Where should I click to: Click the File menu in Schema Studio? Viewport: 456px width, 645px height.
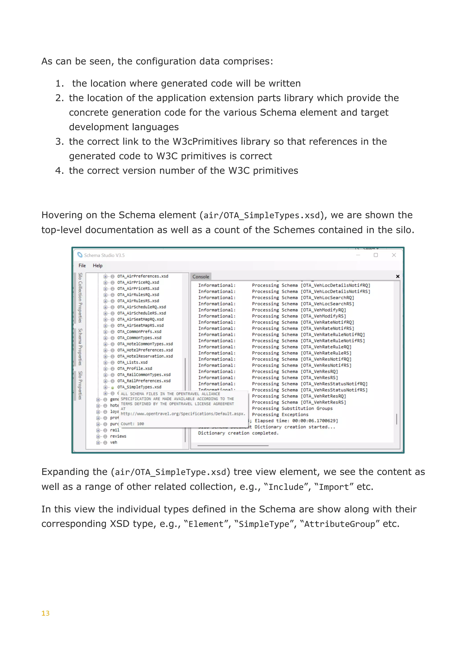pyautogui.click(x=82, y=265)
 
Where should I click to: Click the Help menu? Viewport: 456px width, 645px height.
pyautogui.click(x=98, y=265)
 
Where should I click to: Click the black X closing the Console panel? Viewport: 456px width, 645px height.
pyautogui.click(x=398, y=276)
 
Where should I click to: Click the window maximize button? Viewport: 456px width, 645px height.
pyautogui.click(x=376, y=255)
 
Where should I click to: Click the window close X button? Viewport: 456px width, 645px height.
pyautogui.click(x=394, y=255)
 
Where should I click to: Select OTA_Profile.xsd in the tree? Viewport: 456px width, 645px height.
pyautogui.click(x=134, y=369)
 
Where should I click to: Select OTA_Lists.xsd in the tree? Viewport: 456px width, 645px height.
pyautogui.click(x=132, y=362)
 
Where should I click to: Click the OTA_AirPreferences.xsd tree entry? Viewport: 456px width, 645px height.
pyautogui.click(x=143, y=276)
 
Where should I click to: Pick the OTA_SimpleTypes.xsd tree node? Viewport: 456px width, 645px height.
pyautogui.click(x=139, y=387)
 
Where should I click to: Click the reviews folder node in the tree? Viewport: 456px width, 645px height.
pyautogui.click(x=118, y=436)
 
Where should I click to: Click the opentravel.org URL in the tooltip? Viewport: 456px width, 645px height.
pyautogui.click(x=183, y=414)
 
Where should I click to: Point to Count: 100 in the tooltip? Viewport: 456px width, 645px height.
pyautogui.click(x=132, y=424)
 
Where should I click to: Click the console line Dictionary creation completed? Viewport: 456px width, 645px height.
pyautogui.click(x=238, y=433)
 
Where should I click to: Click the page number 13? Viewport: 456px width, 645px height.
pyautogui.click(x=45, y=613)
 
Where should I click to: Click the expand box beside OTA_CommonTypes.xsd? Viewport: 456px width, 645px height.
pyautogui.click(x=105, y=338)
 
